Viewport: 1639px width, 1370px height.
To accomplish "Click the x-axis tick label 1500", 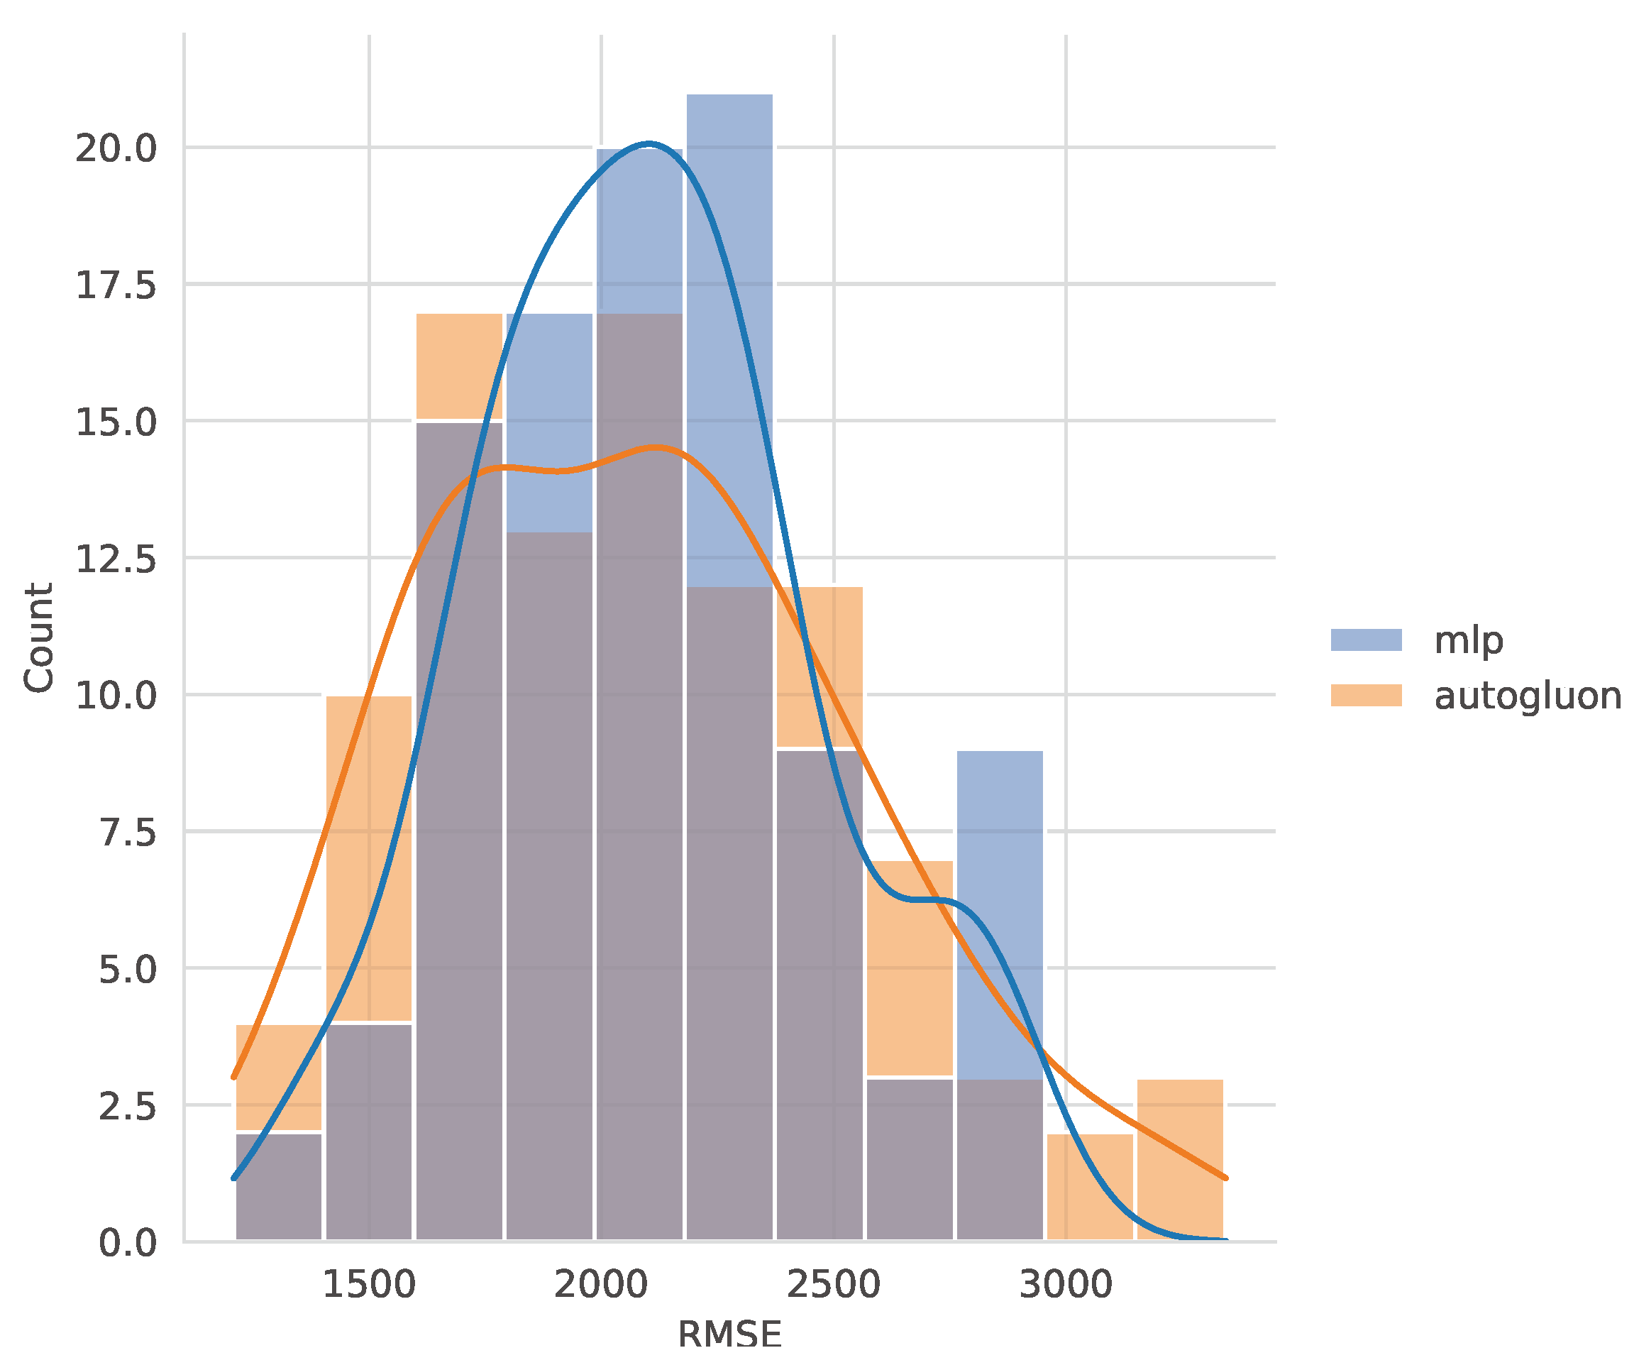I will click(x=368, y=1285).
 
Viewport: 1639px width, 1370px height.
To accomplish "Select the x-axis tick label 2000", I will click(x=601, y=1285).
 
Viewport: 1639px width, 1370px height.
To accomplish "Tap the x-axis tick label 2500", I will click(x=833, y=1285).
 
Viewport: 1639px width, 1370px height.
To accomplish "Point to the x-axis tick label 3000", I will click(x=1066, y=1285).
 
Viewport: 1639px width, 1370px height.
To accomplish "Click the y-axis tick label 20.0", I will click(x=116, y=148).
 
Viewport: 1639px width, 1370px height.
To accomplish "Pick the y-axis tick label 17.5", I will click(x=116, y=285).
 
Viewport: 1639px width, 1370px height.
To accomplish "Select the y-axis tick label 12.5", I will click(x=116, y=559).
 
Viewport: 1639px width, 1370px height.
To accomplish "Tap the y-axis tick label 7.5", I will click(x=127, y=833).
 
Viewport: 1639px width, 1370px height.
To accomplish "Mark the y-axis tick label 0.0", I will click(x=127, y=1243).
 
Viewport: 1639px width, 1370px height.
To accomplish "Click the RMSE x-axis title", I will click(x=729, y=1335).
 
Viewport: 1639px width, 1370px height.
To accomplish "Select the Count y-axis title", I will click(x=38, y=637).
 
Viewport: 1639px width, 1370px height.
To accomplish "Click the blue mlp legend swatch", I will click(x=1366, y=640).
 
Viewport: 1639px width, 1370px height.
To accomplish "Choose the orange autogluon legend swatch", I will click(x=1366, y=696).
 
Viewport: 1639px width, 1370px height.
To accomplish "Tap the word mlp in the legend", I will click(x=1468, y=640).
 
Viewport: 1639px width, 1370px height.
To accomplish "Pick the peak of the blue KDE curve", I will click(x=649, y=143).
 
